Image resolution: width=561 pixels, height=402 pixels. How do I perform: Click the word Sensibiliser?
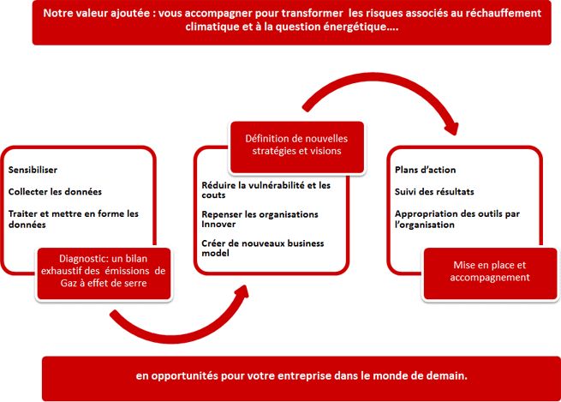click(33, 170)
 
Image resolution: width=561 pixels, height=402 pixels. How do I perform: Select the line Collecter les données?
click(55, 191)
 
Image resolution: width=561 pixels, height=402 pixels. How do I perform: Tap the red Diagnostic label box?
click(104, 273)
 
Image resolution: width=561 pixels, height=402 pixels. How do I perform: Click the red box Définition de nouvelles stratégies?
click(296, 147)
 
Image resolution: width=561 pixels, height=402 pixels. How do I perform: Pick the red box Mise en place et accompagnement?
click(490, 273)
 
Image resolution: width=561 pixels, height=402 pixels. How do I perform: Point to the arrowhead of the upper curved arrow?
click(452, 129)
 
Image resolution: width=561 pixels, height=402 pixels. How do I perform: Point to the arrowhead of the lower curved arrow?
click(242, 291)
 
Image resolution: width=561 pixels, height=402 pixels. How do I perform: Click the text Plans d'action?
click(426, 170)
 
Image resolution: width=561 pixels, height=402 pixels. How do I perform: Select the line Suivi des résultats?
click(434, 191)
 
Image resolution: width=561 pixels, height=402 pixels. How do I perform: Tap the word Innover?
click(218, 224)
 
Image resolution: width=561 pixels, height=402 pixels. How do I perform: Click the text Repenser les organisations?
click(260, 214)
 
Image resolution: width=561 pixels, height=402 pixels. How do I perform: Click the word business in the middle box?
click(306, 243)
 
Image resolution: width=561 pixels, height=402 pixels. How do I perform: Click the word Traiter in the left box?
click(22, 213)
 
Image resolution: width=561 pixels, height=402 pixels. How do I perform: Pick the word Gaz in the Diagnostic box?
click(68, 283)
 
